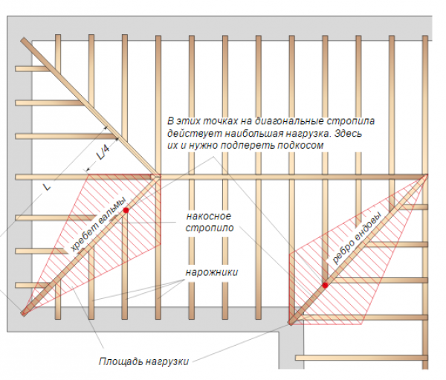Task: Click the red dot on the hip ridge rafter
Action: coord(126,210)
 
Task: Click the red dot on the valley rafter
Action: coord(325,286)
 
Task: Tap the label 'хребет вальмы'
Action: coord(97,225)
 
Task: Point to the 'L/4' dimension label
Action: coord(103,152)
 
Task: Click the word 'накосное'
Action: coord(208,216)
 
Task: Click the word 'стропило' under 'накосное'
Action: coord(210,228)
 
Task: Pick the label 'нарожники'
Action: coord(212,272)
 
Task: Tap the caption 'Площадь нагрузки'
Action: coord(143,361)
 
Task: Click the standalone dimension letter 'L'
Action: coord(47,187)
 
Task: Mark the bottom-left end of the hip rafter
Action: coord(23,314)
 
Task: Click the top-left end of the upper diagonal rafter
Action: coord(23,39)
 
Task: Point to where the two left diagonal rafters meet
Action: coord(156,177)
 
